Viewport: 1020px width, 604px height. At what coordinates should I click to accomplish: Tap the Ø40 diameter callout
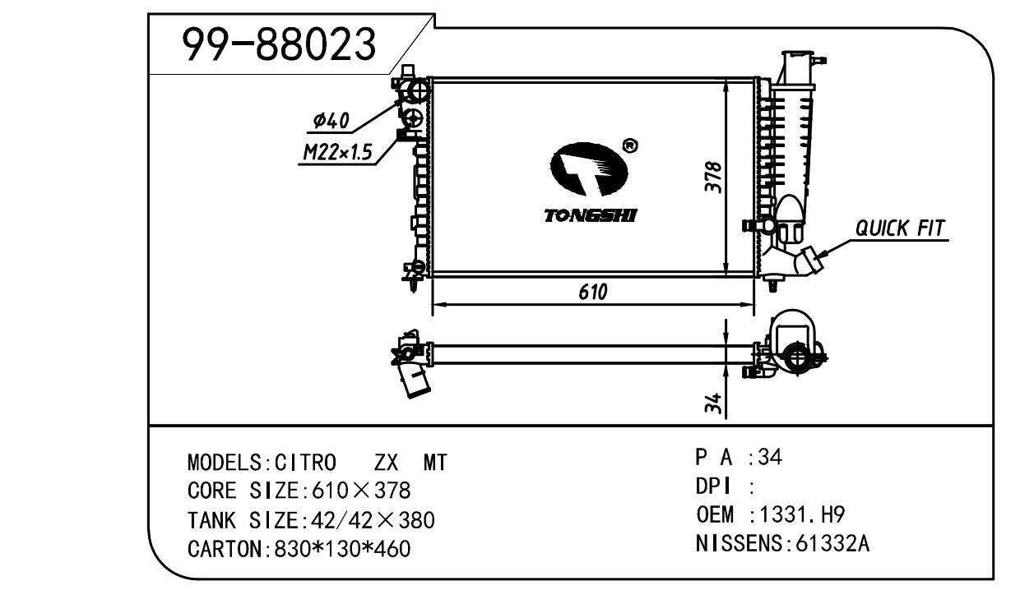point(331,122)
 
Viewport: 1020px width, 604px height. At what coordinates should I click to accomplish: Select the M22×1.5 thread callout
point(337,151)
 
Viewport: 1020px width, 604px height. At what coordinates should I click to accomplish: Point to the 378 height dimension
point(715,177)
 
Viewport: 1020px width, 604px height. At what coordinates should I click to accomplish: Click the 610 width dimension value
point(592,292)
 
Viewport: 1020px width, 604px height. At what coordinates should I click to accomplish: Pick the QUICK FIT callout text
point(900,228)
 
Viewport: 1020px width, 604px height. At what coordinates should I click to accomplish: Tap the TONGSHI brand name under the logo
point(590,216)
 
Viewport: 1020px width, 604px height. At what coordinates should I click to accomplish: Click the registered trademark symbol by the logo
point(630,145)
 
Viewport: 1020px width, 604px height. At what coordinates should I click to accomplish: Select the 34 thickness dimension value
point(715,403)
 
